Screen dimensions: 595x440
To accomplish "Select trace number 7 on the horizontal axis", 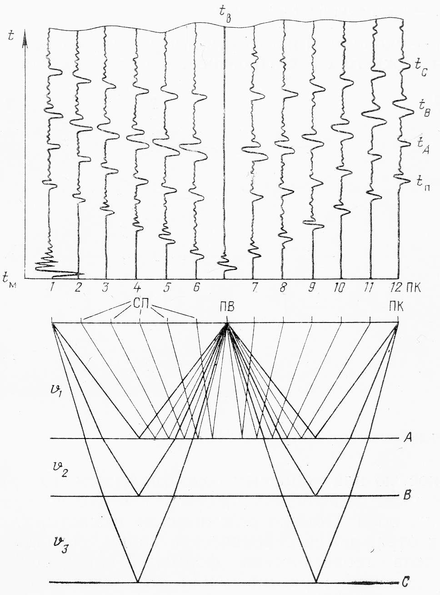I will click(x=255, y=287).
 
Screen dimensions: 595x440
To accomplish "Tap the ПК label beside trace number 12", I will click(x=414, y=287).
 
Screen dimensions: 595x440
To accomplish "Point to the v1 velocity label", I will click(x=58, y=390).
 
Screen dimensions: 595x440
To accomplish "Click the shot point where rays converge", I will click(x=227, y=324).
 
